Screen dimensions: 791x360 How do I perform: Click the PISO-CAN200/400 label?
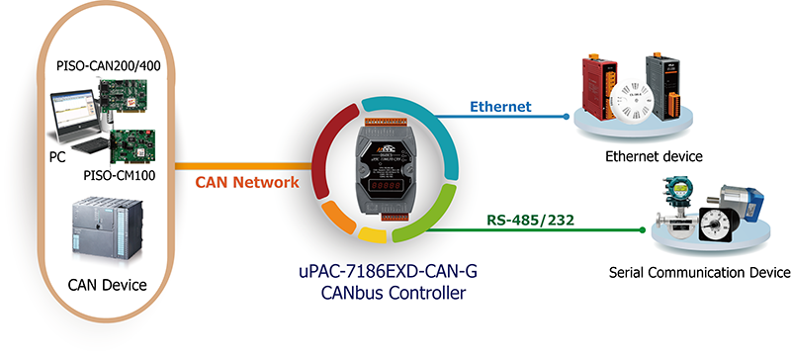tap(109, 65)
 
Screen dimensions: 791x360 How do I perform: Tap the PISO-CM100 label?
tap(120, 176)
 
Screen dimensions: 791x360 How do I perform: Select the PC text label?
tap(57, 157)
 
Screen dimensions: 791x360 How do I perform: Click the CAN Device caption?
tap(107, 285)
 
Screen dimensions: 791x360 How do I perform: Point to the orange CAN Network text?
tap(246, 182)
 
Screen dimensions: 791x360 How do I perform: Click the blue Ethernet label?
tap(500, 107)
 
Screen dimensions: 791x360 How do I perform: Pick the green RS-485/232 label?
tap(531, 221)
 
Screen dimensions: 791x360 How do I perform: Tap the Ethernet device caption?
tap(654, 156)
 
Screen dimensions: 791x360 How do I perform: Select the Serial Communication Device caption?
tap(700, 273)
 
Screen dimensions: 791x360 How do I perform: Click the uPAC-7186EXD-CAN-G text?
tap(386, 272)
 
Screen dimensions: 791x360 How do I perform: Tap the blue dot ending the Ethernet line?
tap(566, 117)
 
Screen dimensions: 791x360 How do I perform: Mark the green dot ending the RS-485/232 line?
tap(642, 230)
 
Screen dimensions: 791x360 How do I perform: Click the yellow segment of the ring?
tap(373, 234)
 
